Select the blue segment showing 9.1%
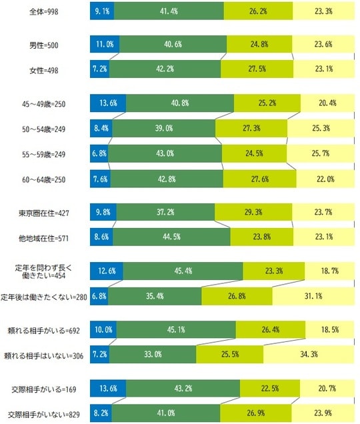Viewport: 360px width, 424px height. pos(103,11)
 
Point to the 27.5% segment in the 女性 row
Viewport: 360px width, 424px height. pos(257,68)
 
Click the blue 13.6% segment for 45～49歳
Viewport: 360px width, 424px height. pos(108,103)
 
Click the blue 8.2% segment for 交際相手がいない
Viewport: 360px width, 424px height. pos(101,413)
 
